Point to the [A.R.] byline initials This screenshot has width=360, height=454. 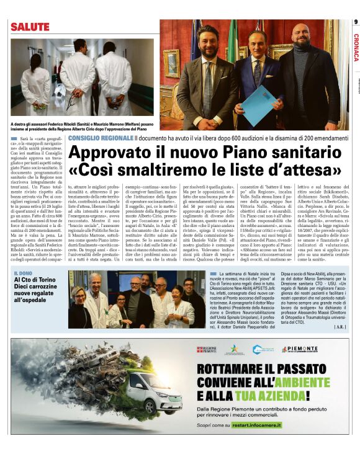(340, 326)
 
